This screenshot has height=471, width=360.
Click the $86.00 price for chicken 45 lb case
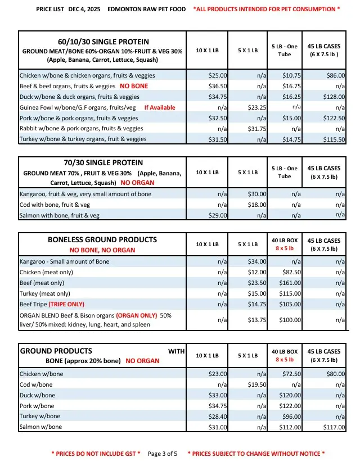coord(336,75)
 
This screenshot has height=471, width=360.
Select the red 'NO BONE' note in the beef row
coord(134,86)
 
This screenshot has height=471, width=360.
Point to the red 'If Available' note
coord(160,107)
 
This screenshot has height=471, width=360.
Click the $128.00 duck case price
coord(335,97)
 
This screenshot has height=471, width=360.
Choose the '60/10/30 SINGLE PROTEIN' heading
coord(103,42)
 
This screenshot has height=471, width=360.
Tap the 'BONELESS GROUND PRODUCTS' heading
coord(102,239)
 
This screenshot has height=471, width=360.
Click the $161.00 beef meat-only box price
coord(292,283)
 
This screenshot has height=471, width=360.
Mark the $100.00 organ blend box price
coord(292,319)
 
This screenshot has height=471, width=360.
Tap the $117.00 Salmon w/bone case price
coord(335,427)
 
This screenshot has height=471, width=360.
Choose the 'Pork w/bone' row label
coord(37,406)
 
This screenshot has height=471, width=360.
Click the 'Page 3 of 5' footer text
coord(163,454)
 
